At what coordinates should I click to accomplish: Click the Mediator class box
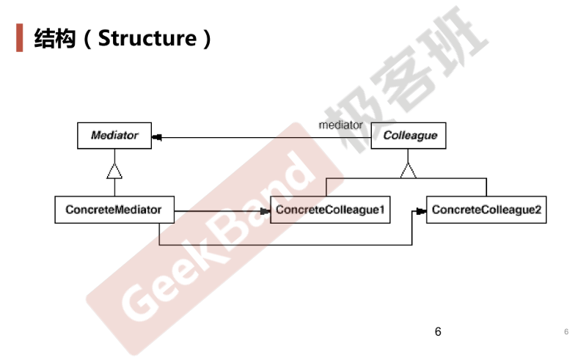click(x=114, y=136)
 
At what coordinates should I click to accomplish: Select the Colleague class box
click(x=409, y=136)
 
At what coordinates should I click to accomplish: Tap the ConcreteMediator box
click(x=114, y=210)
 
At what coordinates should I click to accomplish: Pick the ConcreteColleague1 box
click(x=330, y=210)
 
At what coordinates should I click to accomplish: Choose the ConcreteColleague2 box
click(x=486, y=210)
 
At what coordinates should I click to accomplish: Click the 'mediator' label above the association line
click(x=340, y=125)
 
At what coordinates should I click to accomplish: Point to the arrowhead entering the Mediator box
click(x=157, y=137)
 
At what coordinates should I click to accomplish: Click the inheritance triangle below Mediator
click(x=114, y=172)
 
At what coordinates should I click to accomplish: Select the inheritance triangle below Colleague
click(x=408, y=171)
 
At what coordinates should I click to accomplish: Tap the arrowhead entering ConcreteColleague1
click(x=266, y=211)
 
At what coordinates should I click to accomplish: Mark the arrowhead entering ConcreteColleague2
click(x=421, y=211)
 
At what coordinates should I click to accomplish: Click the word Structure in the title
click(x=147, y=38)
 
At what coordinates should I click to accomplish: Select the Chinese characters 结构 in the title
click(x=55, y=38)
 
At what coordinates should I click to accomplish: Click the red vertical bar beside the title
click(x=20, y=37)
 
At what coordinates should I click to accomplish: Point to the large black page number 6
click(x=438, y=331)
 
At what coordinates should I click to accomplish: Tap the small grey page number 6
click(x=566, y=331)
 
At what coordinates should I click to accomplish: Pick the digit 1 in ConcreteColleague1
click(x=382, y=209)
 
